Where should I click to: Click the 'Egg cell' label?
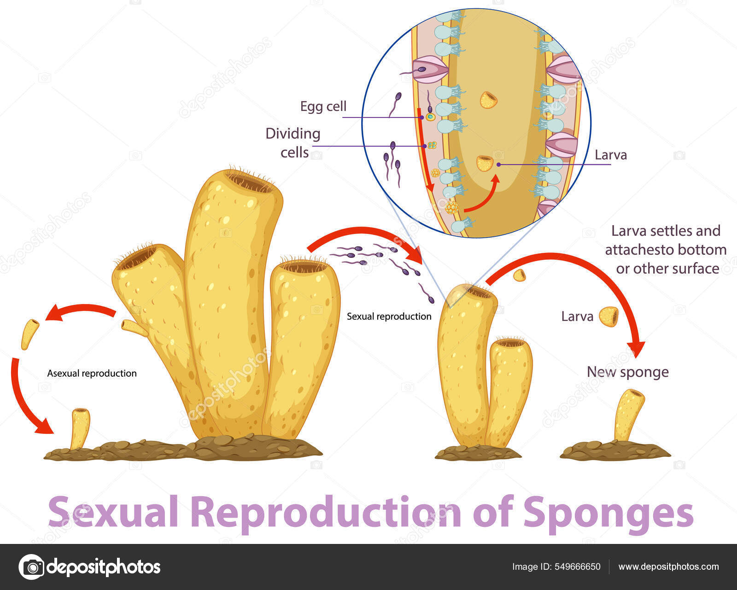(323, 106)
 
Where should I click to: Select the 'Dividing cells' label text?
(293, 143)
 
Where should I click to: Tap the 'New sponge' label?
(627, 372)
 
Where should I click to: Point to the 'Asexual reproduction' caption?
(92, 373)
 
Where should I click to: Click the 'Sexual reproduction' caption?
(389, 316)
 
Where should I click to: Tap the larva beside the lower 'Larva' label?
(608, 316)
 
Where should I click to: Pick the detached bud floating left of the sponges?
(30, 333)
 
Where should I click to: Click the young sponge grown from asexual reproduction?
(80, 428)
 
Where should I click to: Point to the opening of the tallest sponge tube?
(250, 181)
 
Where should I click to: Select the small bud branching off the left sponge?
(133, 327)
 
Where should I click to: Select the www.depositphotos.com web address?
(668, 567)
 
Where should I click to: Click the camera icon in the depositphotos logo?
(31, 567)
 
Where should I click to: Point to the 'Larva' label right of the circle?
(610, 155)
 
